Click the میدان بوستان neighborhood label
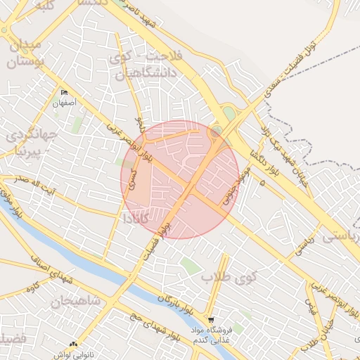25,53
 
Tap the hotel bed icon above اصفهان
65,93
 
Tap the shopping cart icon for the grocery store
211,319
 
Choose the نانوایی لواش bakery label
75,354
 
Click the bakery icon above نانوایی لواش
73,345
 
